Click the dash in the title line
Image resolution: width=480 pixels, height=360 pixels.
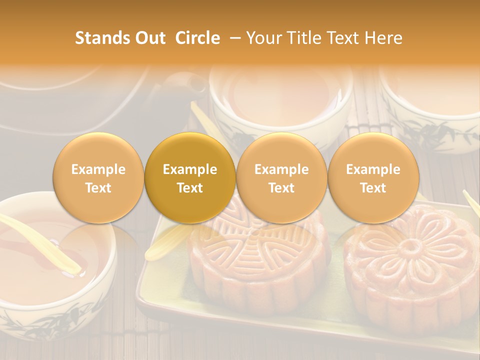click(233, 38)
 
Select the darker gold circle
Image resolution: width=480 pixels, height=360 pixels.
click(190, 178)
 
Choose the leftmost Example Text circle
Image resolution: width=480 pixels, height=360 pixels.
click(98, 178)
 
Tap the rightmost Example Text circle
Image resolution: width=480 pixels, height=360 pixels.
click(373, 178)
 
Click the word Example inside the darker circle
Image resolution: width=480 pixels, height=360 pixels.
click(190, 169)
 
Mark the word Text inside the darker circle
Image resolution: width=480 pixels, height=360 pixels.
click(190, 188)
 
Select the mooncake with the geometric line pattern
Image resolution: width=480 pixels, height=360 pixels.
click(257, 260)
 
